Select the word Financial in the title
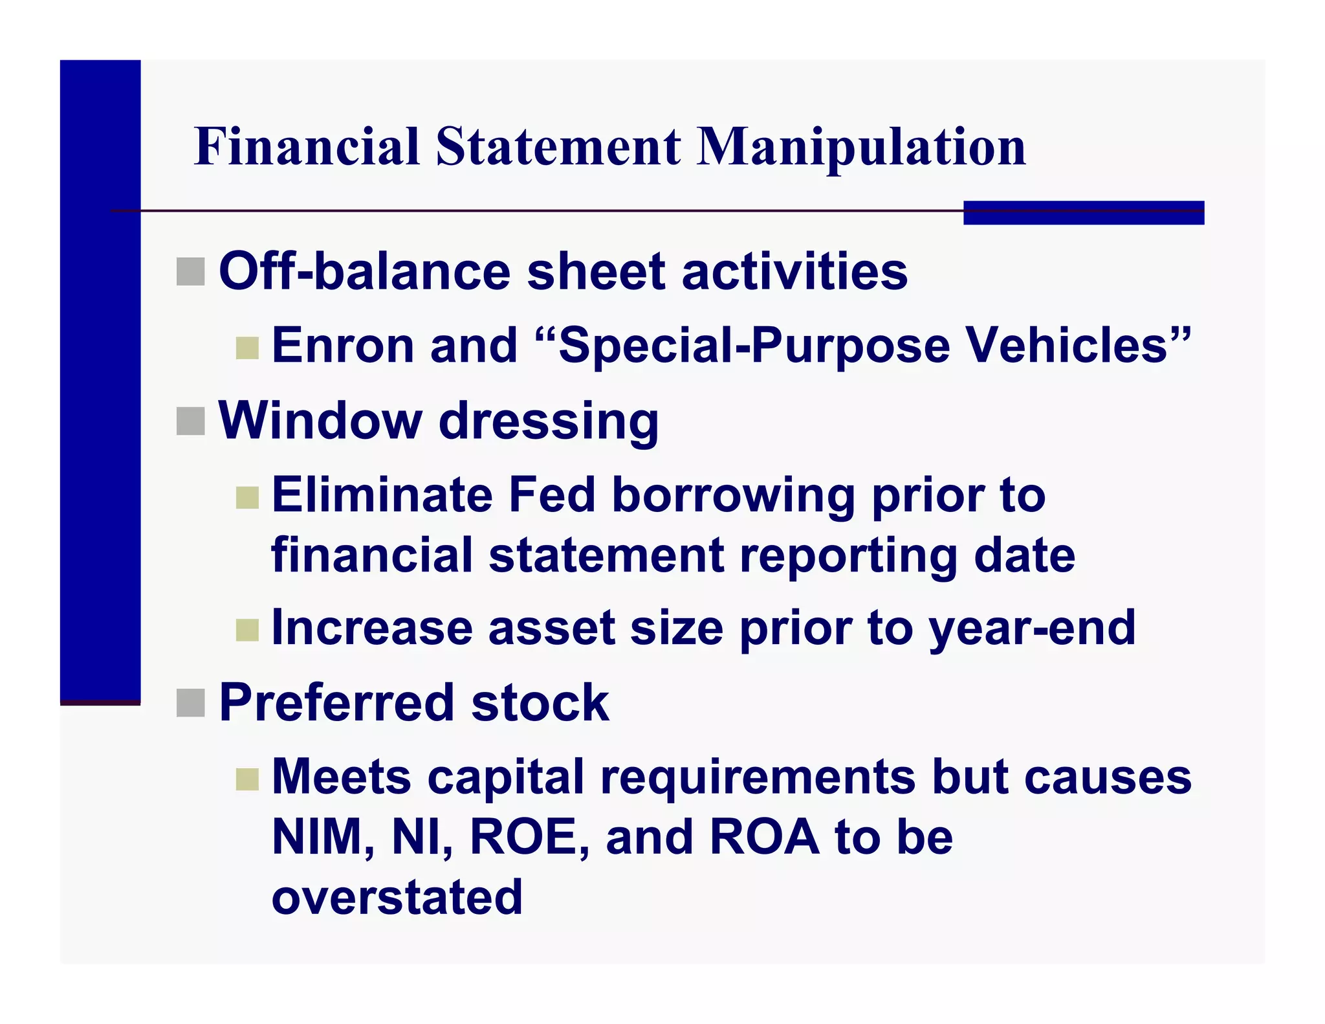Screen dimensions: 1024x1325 click(x=307, y=146)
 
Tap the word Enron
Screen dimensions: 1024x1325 click(x=343, y=345)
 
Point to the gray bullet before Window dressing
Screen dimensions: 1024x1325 click(x=190, y=421)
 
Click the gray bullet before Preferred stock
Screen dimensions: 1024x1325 click(x=190, y=703)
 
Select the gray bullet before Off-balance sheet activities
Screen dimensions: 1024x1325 click(x=190, y=271)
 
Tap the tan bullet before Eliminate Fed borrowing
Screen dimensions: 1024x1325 click(x=247, y=498)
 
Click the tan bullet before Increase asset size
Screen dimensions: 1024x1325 click(x=247, y=630)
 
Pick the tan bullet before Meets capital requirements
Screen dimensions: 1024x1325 click(x=247, y=779)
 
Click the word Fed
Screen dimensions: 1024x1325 click(x=551, y=495)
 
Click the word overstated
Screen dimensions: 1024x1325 click(x=397, y=896)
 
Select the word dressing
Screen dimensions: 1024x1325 click(x=549, y=422)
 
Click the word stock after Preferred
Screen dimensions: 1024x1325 click(x=540, y=703)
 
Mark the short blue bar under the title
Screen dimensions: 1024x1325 click(x=1083, y=213)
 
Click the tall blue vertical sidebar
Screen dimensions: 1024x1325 click(x=100, y=382)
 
